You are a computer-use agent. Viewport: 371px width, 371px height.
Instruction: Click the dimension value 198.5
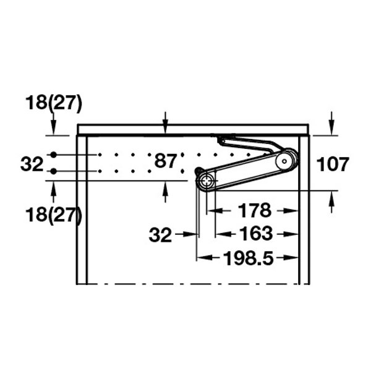coord(249,258)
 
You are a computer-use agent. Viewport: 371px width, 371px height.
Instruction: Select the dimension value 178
coord(255,210)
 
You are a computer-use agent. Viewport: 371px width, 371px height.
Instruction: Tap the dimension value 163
coord(256,234)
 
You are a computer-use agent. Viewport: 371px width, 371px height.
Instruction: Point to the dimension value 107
coord(333,164)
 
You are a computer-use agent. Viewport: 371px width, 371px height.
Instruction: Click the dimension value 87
coord(165,161)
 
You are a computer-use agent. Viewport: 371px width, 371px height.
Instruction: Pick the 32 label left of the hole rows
coord(32,164)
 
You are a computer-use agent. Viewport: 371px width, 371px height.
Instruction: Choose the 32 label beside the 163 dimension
coord(160,235)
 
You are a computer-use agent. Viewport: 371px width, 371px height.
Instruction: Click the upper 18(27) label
coord(54,103)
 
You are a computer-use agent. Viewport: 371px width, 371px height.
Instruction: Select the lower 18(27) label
coord(54,215)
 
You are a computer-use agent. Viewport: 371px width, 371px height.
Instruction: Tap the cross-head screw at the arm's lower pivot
coord(207,181)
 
